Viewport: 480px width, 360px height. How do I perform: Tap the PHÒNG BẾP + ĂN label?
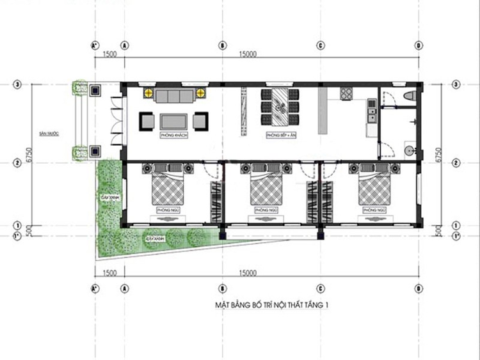[x=280, y=136]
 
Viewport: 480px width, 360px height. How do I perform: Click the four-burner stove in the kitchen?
[x=348, y=94]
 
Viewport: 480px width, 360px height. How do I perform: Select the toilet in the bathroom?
[x=410, y=96]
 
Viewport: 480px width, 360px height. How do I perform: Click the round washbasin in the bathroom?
[x=408, y=151]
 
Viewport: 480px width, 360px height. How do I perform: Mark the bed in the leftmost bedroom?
[x=168, y=189]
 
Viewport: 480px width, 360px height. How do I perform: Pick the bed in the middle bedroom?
[x=266, y=189]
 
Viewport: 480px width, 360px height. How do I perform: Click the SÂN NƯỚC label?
[x=48, y=134]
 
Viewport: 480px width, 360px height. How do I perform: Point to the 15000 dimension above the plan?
[x=248, y=55]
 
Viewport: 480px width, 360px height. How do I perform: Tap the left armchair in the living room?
[x=147, y=120]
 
